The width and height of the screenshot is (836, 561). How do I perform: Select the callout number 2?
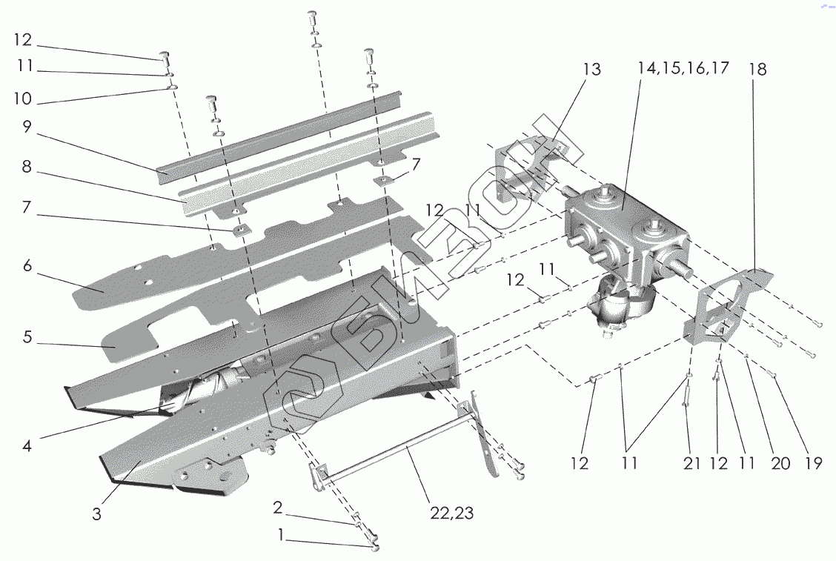click(x=278, y=508)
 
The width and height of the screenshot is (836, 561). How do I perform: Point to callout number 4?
click(x=27, y=447)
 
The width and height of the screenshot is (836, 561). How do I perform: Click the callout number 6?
click(x=27, y=265)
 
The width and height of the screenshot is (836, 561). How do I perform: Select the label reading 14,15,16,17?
click(x=683, y=68)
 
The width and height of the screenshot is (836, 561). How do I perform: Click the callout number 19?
click(x=813, y=464)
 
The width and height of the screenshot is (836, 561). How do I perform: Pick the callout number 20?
click(x=780, y=464)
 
